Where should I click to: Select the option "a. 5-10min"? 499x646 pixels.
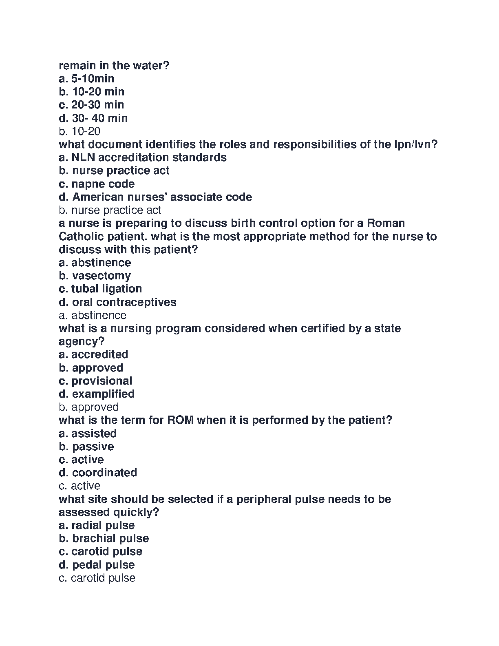tap(86, 79)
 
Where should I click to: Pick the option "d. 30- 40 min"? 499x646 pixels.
tap(93, 118)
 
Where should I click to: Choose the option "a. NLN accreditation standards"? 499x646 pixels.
tap(143, 157)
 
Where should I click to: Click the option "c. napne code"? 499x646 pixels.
tap(97, 184)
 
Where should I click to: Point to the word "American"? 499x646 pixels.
tap(97, 197)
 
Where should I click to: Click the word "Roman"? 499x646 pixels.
tap(386, 223)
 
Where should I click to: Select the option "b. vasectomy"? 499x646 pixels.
tap(95, 276)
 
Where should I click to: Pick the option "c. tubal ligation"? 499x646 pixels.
tap(100, 289)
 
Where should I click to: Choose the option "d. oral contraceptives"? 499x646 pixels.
tap(117, 302)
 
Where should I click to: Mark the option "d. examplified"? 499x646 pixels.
tap(97, 394)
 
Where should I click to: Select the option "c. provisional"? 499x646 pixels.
tap(95, 381)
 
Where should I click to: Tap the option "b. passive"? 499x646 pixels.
tap(86, 447)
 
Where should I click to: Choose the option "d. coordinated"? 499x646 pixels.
tap(98, 473)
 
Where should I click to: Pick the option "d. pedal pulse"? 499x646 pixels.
tap(97, 565)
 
